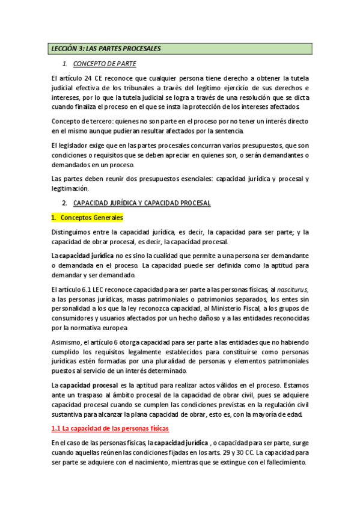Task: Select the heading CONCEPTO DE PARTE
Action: tap(105, 63)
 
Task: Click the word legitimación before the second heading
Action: tap(71, 188)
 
